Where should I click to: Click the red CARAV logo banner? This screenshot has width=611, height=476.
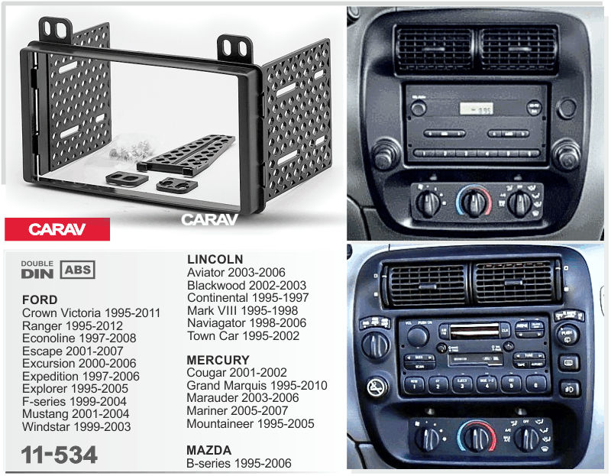57,229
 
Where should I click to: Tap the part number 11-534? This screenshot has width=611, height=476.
60,455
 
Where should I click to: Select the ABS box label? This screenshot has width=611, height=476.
78,270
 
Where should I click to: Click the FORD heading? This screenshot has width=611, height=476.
40,300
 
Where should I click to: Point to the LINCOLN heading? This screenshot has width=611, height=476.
215,259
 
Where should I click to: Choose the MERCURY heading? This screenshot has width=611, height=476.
218,360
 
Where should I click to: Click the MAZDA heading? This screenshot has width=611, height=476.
209,450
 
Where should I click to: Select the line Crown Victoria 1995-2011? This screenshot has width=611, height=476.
91,313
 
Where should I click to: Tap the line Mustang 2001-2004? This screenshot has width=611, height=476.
76,414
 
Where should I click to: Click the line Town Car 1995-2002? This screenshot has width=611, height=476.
243,336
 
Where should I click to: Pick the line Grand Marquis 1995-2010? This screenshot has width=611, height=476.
257,386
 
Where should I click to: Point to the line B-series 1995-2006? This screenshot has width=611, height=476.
239,463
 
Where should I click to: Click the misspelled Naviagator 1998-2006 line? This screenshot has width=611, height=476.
247,323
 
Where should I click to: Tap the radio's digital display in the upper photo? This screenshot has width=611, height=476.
476,108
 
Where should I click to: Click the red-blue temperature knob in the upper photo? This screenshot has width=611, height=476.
474,202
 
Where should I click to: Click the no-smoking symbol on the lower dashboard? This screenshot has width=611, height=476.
377,387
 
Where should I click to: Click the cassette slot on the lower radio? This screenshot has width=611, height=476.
474,331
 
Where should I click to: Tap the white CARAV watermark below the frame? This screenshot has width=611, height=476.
209,219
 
